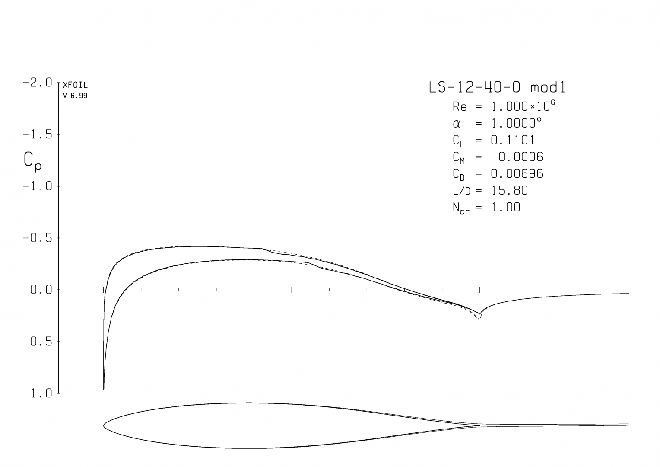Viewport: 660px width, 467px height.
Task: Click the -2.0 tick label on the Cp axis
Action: [38, 83]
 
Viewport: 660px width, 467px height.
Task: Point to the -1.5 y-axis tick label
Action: [38, 135]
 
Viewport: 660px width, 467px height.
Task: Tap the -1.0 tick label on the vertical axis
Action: [38, 186]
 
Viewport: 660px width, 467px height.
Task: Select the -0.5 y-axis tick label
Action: [38, 238]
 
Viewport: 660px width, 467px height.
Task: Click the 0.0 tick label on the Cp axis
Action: [41, 290]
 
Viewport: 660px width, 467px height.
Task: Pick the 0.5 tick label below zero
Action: [41, 342]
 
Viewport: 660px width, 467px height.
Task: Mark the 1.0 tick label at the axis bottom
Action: [41, 393]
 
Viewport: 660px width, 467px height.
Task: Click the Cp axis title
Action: [32, 162]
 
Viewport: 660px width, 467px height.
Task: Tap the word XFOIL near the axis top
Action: [75, 85]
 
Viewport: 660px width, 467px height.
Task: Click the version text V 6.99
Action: [75, 96]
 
